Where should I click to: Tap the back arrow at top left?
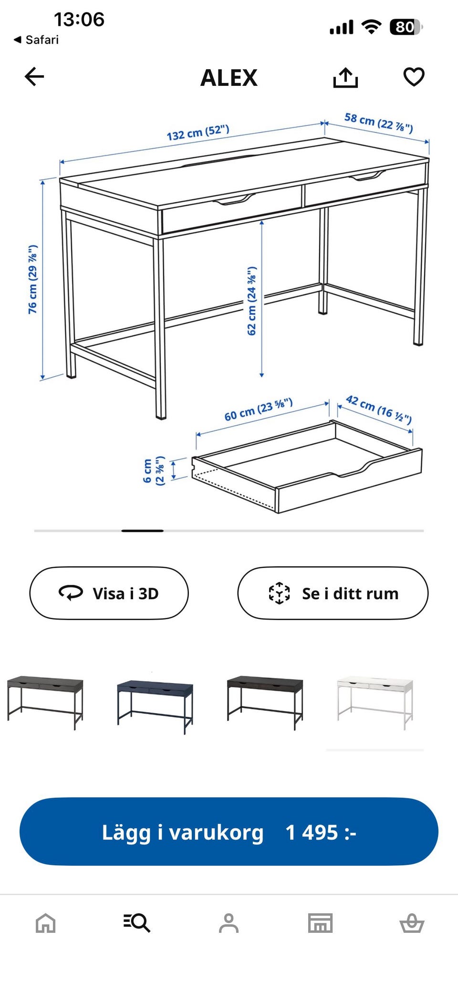tap(34, 76)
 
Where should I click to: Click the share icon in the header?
tap(345, 77)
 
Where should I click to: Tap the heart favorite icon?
tap(414, 77)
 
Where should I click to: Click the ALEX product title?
tap(229, 78)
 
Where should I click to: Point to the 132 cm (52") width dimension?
tap(198, 133)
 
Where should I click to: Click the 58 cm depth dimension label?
tap(379, 123)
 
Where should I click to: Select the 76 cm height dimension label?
tap(32, 279)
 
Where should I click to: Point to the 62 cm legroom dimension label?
tap(251, 301)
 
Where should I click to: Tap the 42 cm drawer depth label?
tap(379, 409)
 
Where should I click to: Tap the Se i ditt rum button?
tap(333, 593)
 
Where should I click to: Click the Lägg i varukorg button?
tap(229, 832)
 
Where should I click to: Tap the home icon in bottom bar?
tap(46, 923)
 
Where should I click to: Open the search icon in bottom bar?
tap(137, 923)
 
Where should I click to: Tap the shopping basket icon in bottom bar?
tap(412, 923)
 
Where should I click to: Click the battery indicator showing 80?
tap(406, 27)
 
